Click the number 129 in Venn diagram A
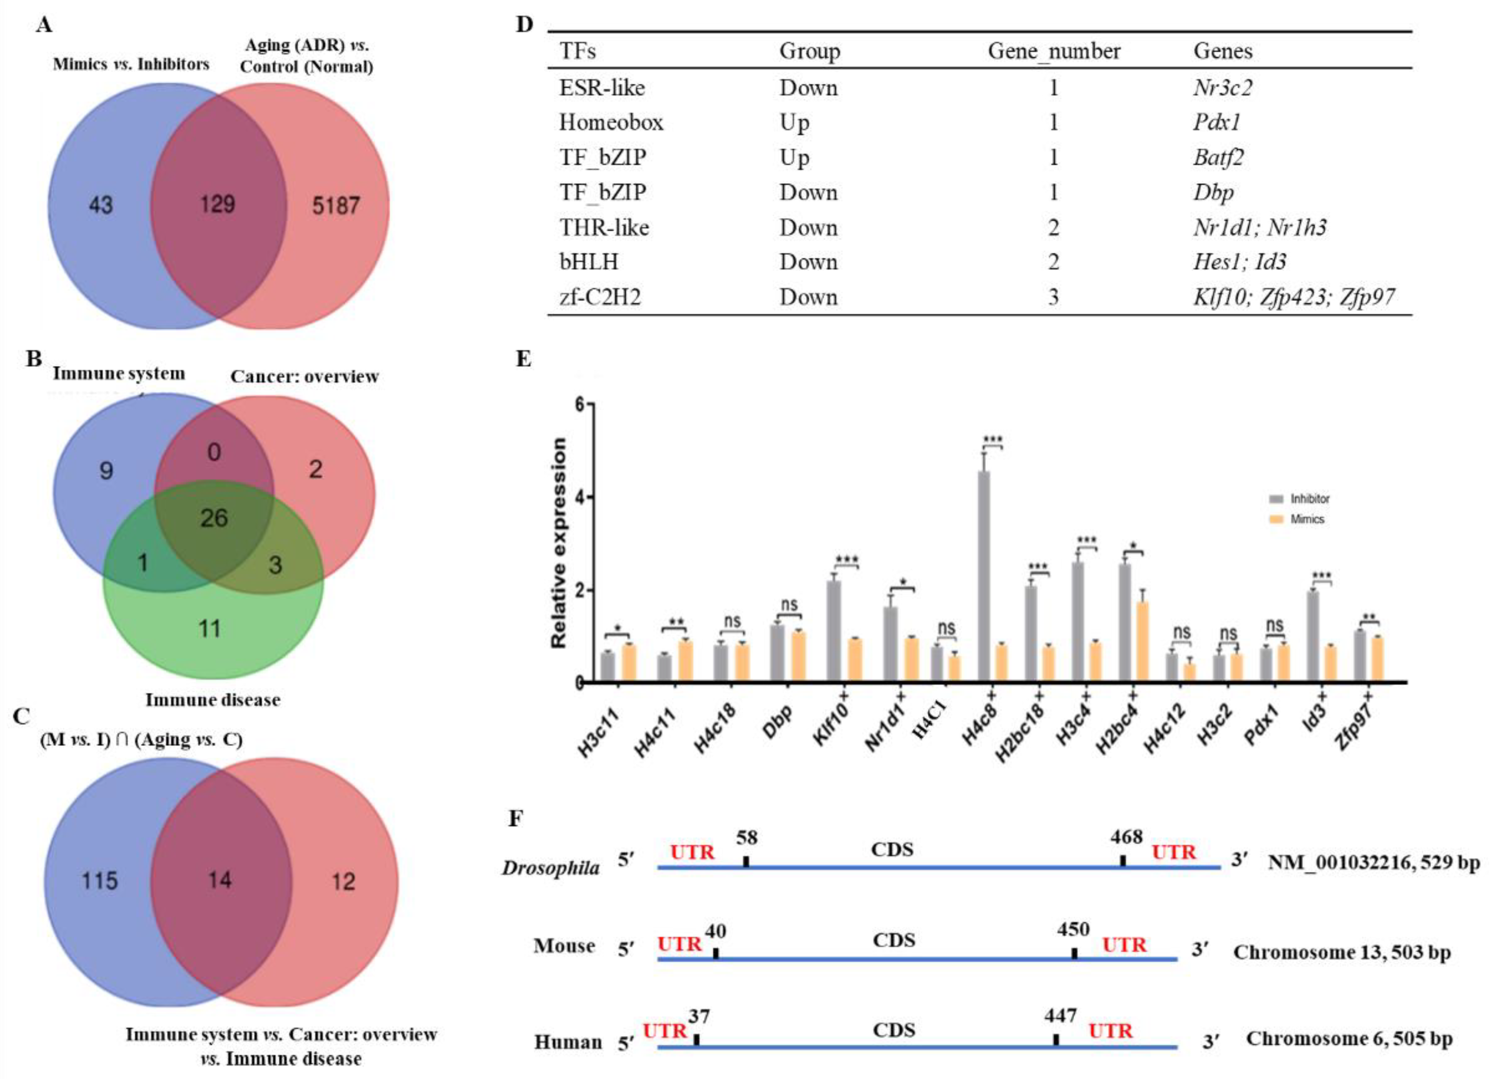218,205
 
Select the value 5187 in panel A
336,206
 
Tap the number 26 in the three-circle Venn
214,518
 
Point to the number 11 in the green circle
210,628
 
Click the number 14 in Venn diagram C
220,880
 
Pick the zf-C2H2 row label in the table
600,297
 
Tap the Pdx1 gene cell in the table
1217,123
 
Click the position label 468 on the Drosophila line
1126,837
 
